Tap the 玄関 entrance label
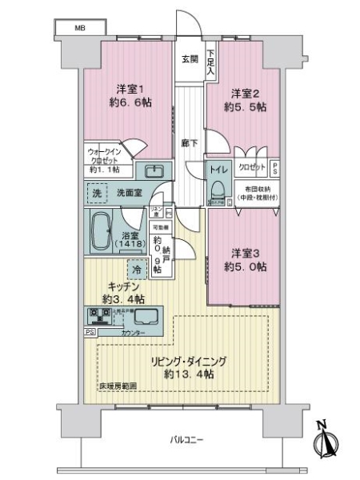click(x=190, y=59)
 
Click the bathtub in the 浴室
click(x=101, y=232)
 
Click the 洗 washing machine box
click(x=96, y=194)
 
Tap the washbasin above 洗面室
click(x=152, y=172)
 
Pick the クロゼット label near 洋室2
click(x=251, y=169)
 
